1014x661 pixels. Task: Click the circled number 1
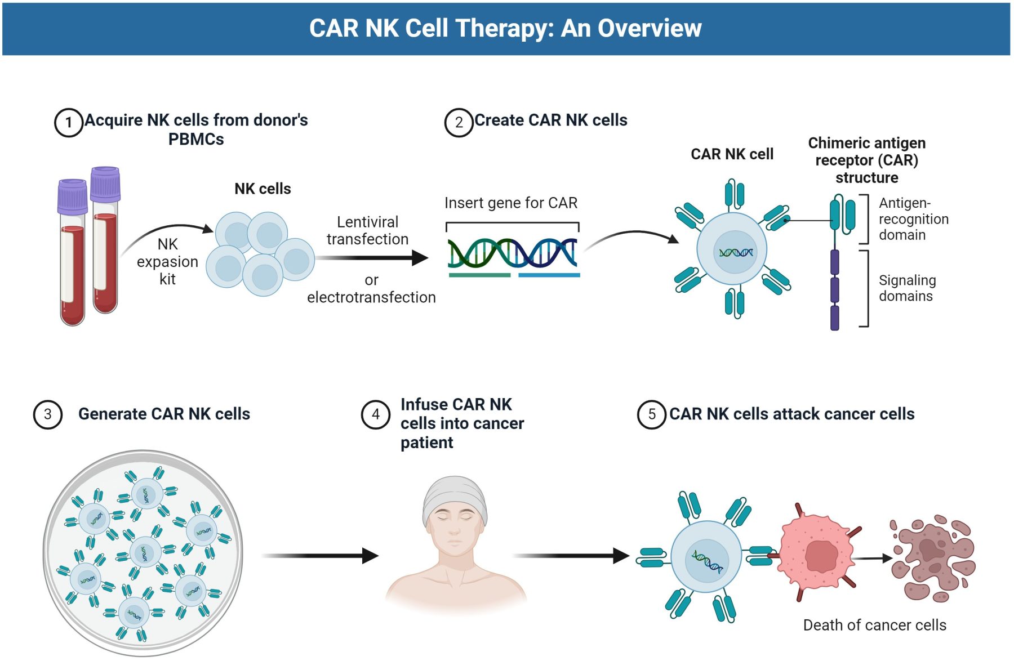pos(68,122)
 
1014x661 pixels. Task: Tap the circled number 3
pos(48,414)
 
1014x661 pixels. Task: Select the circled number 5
pos(651,414)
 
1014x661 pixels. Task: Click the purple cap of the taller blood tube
pos(105,184)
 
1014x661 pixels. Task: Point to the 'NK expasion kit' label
pos(167,262)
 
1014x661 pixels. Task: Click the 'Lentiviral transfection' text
pos(367,231)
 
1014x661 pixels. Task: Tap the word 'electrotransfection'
pos(371,297)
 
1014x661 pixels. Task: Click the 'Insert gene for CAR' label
pos(510,203)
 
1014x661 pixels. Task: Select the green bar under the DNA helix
pos(479,275)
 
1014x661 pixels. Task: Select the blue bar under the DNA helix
pos(549,275)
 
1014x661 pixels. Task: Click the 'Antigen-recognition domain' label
pos(913,219)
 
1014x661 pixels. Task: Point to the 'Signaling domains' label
pos(907,288)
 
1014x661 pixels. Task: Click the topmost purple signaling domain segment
pos(834,262)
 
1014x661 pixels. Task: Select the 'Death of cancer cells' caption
pos(874,625)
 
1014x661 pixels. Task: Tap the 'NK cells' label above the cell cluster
pos(263,189)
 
